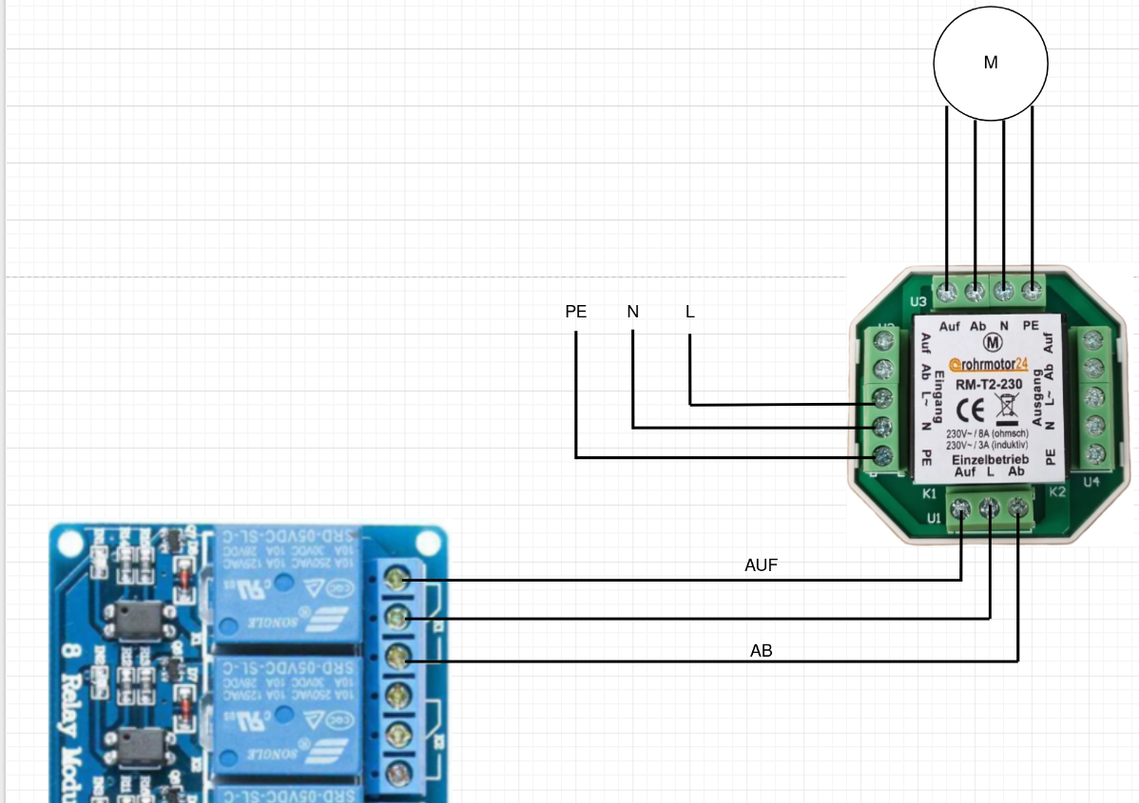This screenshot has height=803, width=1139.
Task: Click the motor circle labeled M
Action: tap(991, 64)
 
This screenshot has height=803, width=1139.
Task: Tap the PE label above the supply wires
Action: tap(576, 312)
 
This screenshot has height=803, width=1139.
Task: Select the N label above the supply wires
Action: tap(632, 312)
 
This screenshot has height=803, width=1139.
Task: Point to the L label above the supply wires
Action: tap(690, 312)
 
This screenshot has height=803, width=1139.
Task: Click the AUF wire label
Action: tap(761, 565)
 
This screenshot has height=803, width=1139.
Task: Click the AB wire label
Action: tap(761, 652)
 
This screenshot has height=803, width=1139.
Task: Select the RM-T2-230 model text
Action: tap(989, 384)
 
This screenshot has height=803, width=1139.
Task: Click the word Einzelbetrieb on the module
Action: tap(990, 459)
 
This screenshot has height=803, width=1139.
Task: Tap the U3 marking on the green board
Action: tap(918, 302)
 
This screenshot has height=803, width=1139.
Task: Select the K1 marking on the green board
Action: tap(930, 494)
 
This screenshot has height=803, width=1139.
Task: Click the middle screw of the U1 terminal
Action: tap(990, 510)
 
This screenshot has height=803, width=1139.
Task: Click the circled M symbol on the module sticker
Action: tap(993, 343)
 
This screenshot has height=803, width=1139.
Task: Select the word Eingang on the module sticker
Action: tap(938, 395)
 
